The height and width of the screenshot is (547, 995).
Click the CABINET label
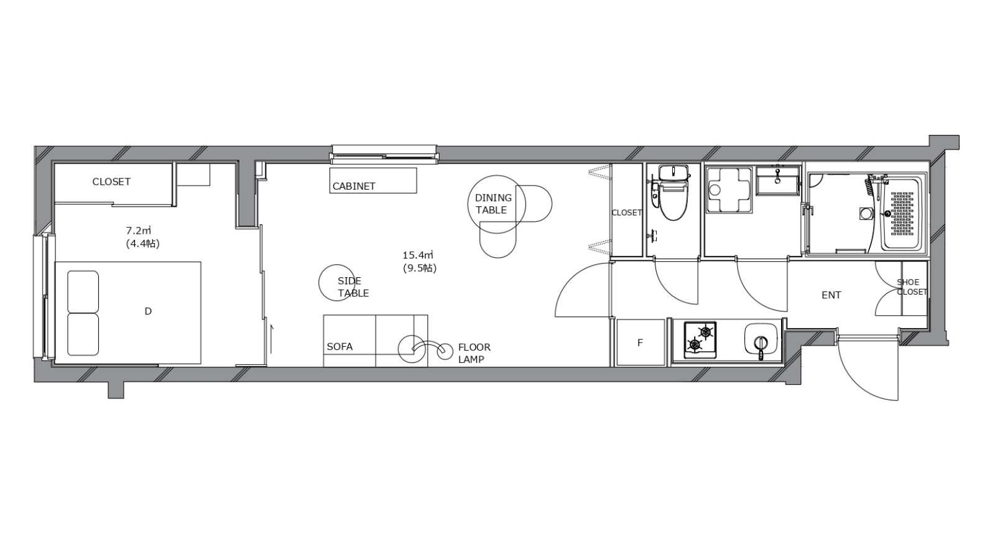(354, 186)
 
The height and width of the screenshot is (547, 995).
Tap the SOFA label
(340, 347)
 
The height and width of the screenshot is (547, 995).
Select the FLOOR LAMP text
(474, 354)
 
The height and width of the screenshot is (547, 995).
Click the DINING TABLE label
(493, 204)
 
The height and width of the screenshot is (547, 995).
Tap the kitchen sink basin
(761, 339)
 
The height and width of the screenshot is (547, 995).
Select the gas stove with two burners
(700, 340)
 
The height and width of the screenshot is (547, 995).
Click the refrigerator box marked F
(641, 342)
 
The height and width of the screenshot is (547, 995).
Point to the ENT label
(831, 295)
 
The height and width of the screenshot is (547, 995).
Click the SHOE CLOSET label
(912, 287)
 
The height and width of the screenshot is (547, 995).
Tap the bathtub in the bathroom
(903, 214)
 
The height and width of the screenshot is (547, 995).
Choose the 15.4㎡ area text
(417, 255)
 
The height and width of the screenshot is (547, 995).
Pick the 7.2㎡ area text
(139, 231)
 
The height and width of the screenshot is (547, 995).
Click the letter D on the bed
(148, 311)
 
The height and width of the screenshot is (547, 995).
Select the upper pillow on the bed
(83, 292)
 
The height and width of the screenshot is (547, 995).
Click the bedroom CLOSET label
(111, 182)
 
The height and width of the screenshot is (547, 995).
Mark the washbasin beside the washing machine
(778, 180)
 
